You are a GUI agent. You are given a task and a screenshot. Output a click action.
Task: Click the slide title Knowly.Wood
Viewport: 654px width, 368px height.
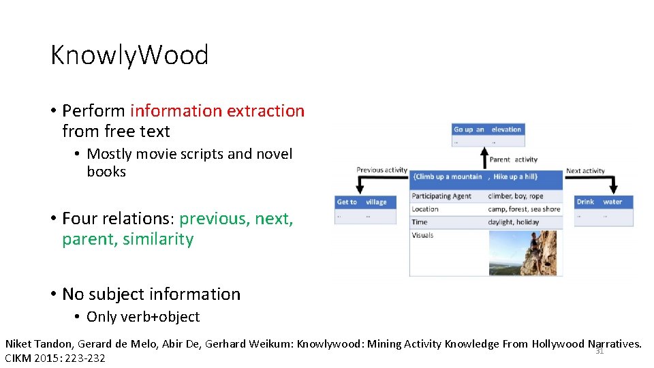[129, 55]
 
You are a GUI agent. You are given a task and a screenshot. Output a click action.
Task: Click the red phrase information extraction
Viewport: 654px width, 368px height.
[217, 110]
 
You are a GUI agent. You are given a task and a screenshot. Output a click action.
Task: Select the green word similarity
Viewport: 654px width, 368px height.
[160, 239]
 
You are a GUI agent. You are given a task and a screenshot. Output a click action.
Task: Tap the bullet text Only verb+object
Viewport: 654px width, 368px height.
[143, 317]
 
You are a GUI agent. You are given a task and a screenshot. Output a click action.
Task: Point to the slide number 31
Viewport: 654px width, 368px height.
[599, 352]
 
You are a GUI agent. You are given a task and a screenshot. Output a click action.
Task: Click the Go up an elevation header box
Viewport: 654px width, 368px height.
[488, 129]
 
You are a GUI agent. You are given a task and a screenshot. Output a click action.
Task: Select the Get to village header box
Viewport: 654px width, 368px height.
[362, 202]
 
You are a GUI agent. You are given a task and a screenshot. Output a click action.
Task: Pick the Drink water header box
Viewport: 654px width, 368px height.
[599, 202]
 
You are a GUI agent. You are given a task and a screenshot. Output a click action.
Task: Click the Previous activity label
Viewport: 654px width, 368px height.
[381, 170]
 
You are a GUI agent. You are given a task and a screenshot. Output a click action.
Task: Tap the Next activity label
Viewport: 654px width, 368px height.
[585, 170]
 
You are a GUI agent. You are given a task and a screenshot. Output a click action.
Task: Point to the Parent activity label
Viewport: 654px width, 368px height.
[513, 159]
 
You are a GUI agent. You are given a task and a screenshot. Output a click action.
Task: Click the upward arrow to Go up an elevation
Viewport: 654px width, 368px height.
[484, 156]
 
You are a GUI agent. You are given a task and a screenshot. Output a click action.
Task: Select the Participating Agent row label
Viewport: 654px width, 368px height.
[441, 196]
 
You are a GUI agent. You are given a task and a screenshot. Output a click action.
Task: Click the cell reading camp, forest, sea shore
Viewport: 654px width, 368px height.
[523, 209]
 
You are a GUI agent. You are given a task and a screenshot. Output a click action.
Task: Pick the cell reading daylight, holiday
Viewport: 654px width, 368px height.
[513, 222]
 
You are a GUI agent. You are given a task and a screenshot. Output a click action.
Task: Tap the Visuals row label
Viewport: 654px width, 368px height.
[422, 235]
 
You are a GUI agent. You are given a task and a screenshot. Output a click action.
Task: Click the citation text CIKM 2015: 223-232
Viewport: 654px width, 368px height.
[55, 358]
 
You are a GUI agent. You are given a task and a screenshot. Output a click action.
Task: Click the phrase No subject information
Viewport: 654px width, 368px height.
[151, 294]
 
